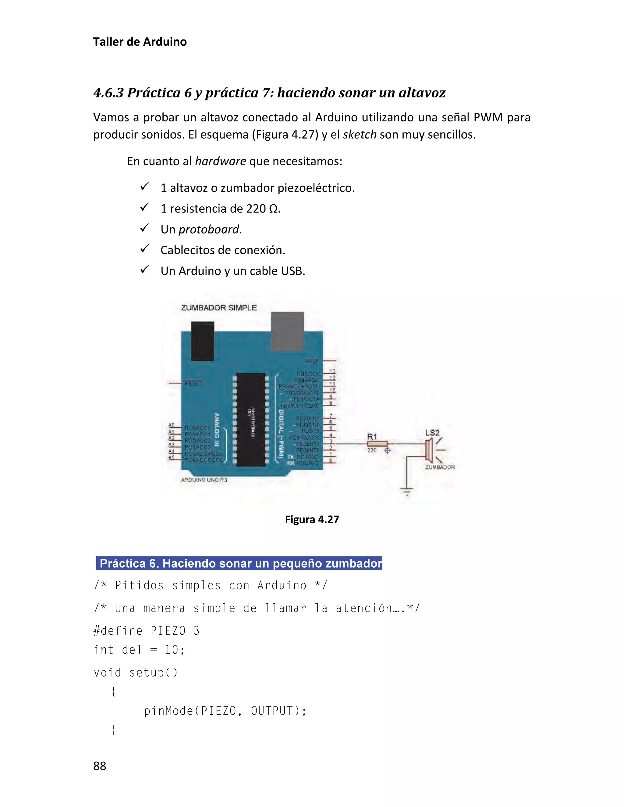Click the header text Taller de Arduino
(140, 42)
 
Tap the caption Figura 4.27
(312, 519)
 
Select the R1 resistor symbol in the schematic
(377, 443)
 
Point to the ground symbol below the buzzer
(407, 491)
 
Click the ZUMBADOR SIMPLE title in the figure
(218, 308)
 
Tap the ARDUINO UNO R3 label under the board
(204, 480)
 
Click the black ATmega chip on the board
(251, 419)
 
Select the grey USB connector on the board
(287, 331)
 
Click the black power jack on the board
(202, 341)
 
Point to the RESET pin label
(193, 383)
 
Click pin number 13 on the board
(332, 371)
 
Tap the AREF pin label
(312, 361)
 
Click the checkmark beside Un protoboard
(144, 228)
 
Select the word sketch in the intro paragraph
(359, 135)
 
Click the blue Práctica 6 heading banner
(239, 563)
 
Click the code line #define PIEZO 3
(146, 630)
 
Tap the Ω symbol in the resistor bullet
(273, 209)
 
